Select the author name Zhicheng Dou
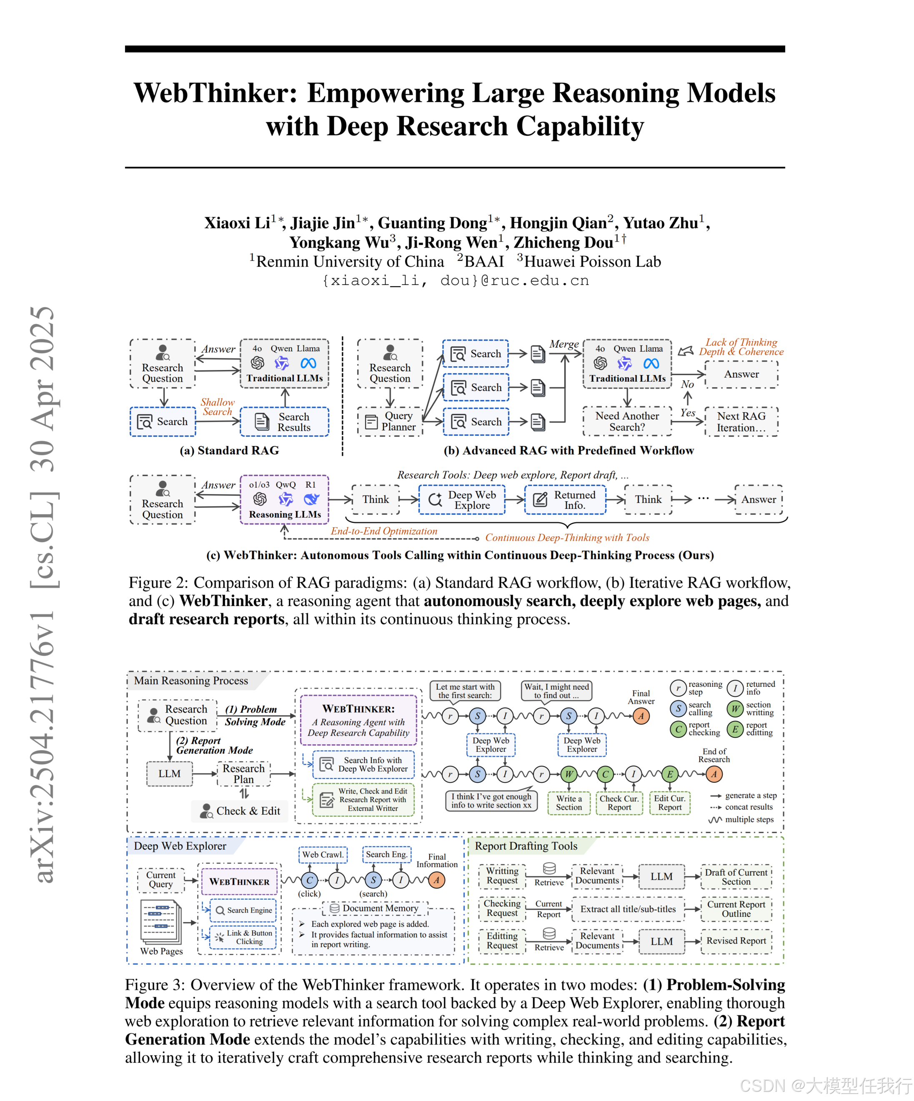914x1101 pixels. coord(563,242)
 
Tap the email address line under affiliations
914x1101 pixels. coord(455,280)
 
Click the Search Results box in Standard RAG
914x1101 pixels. coord(284,422)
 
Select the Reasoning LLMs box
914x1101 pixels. coord(284,500)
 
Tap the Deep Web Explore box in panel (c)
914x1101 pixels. coord(461,500)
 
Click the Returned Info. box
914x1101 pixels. coord(565,500)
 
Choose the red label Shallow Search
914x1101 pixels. coord(217,406)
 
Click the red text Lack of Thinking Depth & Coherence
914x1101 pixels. coord(741,347)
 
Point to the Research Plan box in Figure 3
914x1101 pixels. coord(244,773)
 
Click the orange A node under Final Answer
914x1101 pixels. coord(640,716)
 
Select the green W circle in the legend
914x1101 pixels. coord(735,709)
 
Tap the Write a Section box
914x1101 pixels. coord(568,803)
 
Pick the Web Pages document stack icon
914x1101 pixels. coord(161,922)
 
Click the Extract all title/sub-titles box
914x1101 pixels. coord(628,909)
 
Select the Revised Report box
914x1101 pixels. coord(736,941)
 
